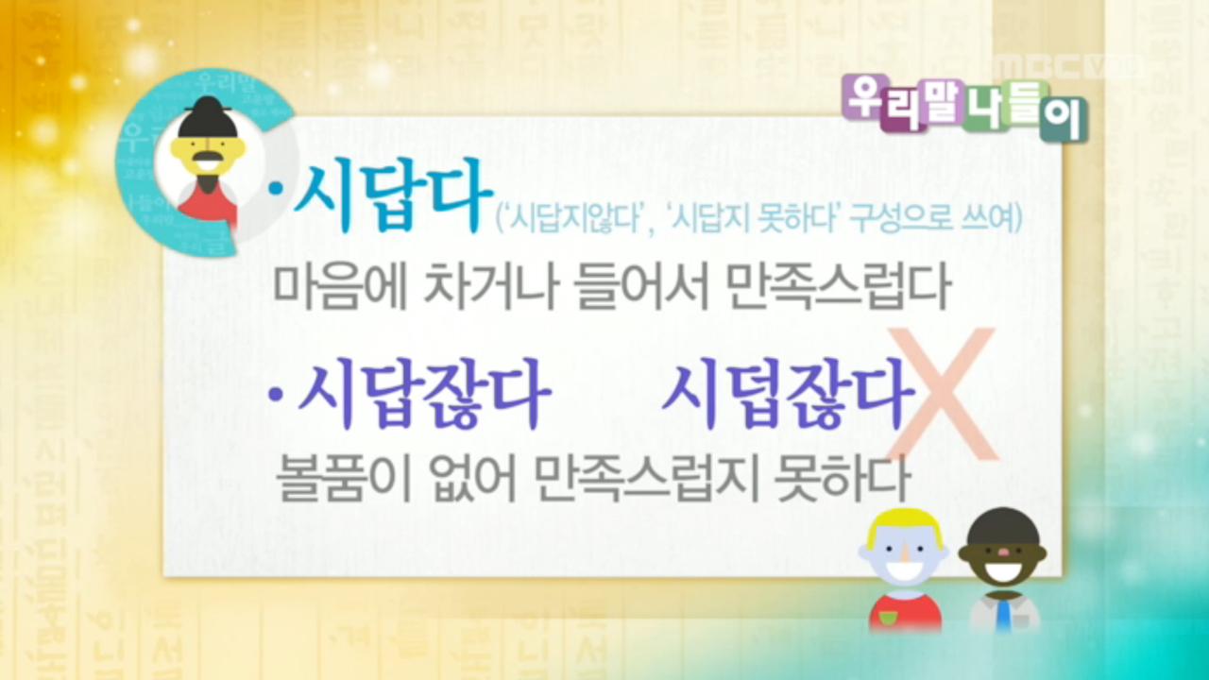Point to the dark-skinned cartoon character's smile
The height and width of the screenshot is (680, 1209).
pos(1003,571)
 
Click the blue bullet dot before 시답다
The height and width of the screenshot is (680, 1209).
pos(276,190)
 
